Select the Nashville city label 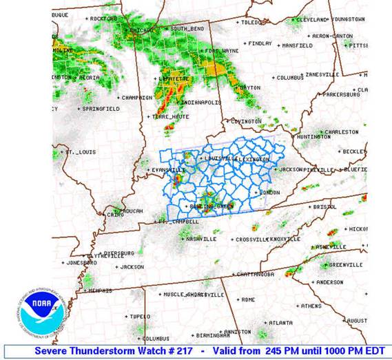click(200, 239)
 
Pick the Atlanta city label click(280, 321)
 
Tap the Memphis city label click(102, 290)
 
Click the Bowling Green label click(209, 205)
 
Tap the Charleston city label click(341, 131)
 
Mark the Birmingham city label click(211, 335)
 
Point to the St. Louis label click(80, 151)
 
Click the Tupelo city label click(138, 316)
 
